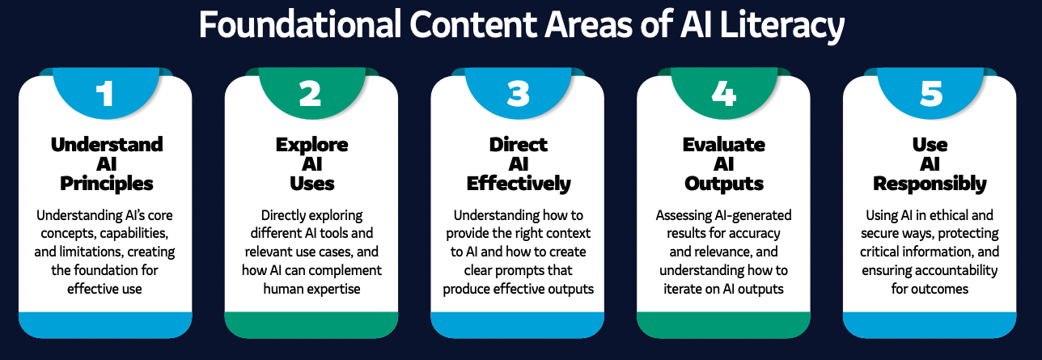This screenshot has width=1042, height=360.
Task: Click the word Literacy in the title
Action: point(781,26)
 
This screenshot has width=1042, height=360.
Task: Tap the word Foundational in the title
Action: point(300,24)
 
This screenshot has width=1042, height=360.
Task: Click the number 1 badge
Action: point(106,93)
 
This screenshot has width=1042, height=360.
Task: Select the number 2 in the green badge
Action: point(311,94)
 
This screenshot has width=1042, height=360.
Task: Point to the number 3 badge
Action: point(519,93)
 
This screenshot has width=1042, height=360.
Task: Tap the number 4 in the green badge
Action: point(724,94)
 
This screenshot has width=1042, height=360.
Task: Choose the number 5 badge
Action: point(930,93)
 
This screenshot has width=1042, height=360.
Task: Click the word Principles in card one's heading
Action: point(107,184)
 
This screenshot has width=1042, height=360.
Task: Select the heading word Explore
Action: point(311,145)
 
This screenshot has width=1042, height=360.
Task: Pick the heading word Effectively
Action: point(519,184)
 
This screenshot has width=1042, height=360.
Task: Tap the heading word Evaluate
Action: point(724,145)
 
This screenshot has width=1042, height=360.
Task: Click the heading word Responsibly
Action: point(930,184)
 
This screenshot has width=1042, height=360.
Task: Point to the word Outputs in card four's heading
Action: point(724,184)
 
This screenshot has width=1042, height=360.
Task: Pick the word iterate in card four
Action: point(684,289)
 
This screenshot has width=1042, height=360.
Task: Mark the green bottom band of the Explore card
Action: point(311,324)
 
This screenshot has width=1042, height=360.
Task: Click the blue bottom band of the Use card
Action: point(930,324)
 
